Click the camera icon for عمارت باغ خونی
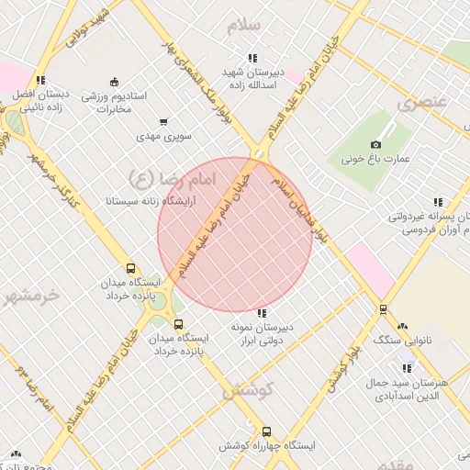click(375, 145)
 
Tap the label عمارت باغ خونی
click(375, 159)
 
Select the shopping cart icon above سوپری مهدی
click(163, 122)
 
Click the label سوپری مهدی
click(163, 136)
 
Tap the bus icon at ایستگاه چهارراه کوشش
click(267, 431)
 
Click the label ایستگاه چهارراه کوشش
click(267, 445)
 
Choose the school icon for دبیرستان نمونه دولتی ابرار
click(262, 313)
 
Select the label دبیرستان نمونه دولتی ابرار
click(259, 333)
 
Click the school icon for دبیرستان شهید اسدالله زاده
click(252, 58)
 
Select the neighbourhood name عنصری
click(420, 103)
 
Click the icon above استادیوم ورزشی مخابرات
click(114, 82)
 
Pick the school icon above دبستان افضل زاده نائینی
click(39, 80)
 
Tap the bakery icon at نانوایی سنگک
click(402, 326)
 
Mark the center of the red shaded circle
click(235, 235)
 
